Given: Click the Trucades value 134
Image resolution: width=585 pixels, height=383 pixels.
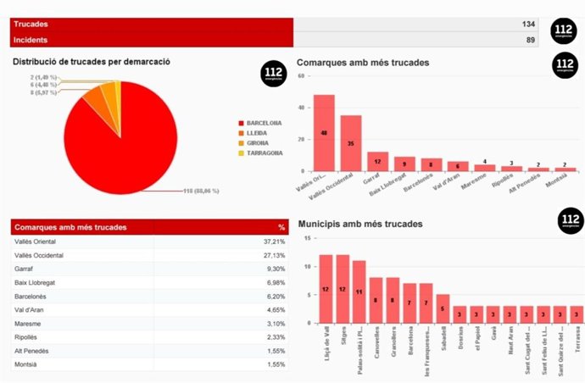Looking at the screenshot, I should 527,25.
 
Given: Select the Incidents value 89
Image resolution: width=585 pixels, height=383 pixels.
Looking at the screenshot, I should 530,40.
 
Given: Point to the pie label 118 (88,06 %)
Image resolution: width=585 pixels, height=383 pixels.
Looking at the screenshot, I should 201,191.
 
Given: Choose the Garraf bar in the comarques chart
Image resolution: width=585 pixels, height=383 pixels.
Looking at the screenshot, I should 377,161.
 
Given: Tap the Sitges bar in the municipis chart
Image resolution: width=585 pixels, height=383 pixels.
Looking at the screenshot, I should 343,289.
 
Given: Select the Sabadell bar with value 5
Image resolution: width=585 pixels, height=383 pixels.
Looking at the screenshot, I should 443,308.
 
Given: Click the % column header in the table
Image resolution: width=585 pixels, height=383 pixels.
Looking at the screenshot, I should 281,227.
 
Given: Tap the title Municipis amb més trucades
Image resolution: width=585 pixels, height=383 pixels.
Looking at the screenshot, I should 361,224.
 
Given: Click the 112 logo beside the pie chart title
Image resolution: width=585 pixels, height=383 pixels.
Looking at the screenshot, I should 273,74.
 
